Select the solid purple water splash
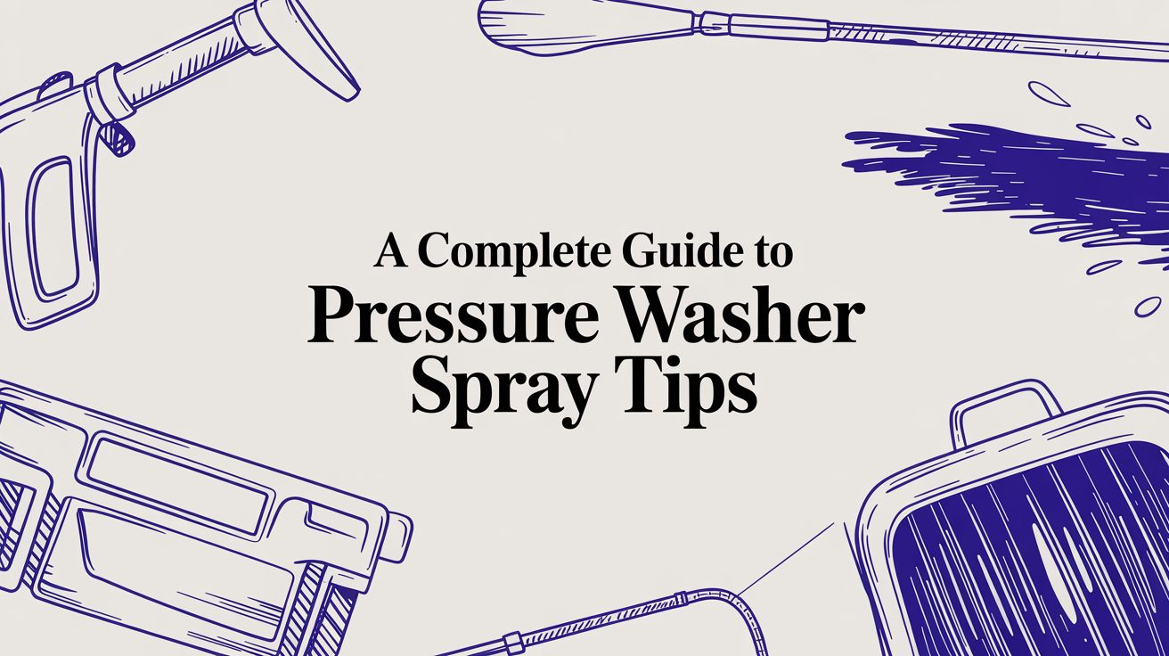pyautogui.click(x=1025, y=178)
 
